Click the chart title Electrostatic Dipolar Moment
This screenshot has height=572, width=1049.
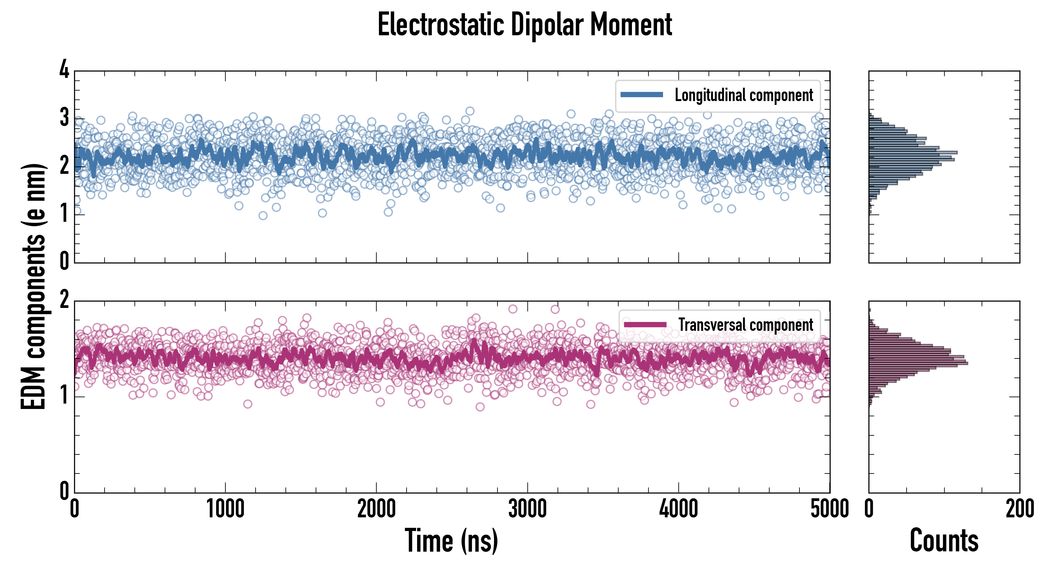(524, 25)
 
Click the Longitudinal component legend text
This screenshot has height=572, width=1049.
(744, 95)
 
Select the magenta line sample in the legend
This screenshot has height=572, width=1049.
(645, 324)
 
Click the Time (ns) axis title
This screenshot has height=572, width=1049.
(451, 540)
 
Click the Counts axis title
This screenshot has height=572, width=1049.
(944, 540)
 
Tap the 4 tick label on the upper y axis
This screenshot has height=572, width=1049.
(64, 70)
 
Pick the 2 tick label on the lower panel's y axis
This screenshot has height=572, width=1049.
(64, 300)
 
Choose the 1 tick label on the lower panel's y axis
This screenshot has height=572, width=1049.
(64, 396)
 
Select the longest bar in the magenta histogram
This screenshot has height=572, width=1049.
(918, 363)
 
